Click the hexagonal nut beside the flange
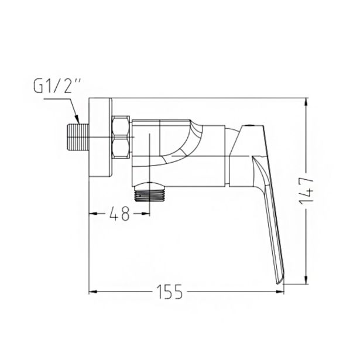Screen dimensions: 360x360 tap(121, 138)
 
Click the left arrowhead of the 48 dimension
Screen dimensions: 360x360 tap(92, 214)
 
